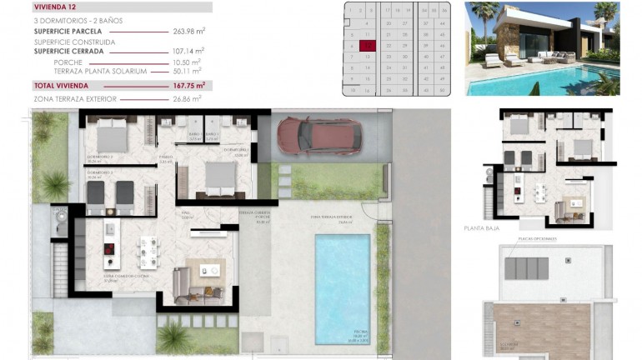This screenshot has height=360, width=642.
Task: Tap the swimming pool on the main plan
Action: pyautogui.click(x=342, y=287)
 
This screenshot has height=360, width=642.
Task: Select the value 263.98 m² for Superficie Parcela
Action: pyautogui.click(x=188, y=31)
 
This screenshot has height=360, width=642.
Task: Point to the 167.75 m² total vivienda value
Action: pyautogui.click(x=188, y=85)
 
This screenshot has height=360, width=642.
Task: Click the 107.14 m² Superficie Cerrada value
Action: pyautogui.click(x=188, y=51)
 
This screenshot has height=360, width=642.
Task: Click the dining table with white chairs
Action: pyautogui.click(x=149, y=249)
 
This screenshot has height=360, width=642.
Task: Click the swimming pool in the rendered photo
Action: pyautogui.click(x=542, y=83)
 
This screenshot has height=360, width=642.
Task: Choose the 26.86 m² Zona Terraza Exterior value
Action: pyautogui.click(x=188, y=99)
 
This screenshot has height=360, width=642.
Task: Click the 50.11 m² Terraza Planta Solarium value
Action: pyautogui.click(x=188, y=72)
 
